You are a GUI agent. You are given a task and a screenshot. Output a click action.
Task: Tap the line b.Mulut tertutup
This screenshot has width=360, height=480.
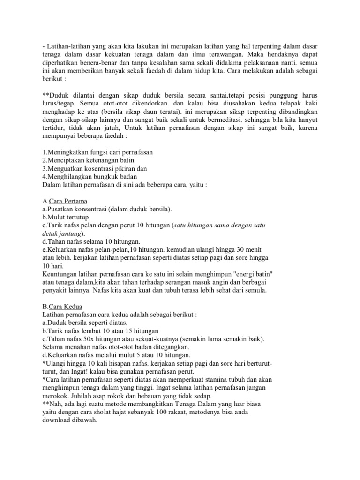[x=65, y=217]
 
